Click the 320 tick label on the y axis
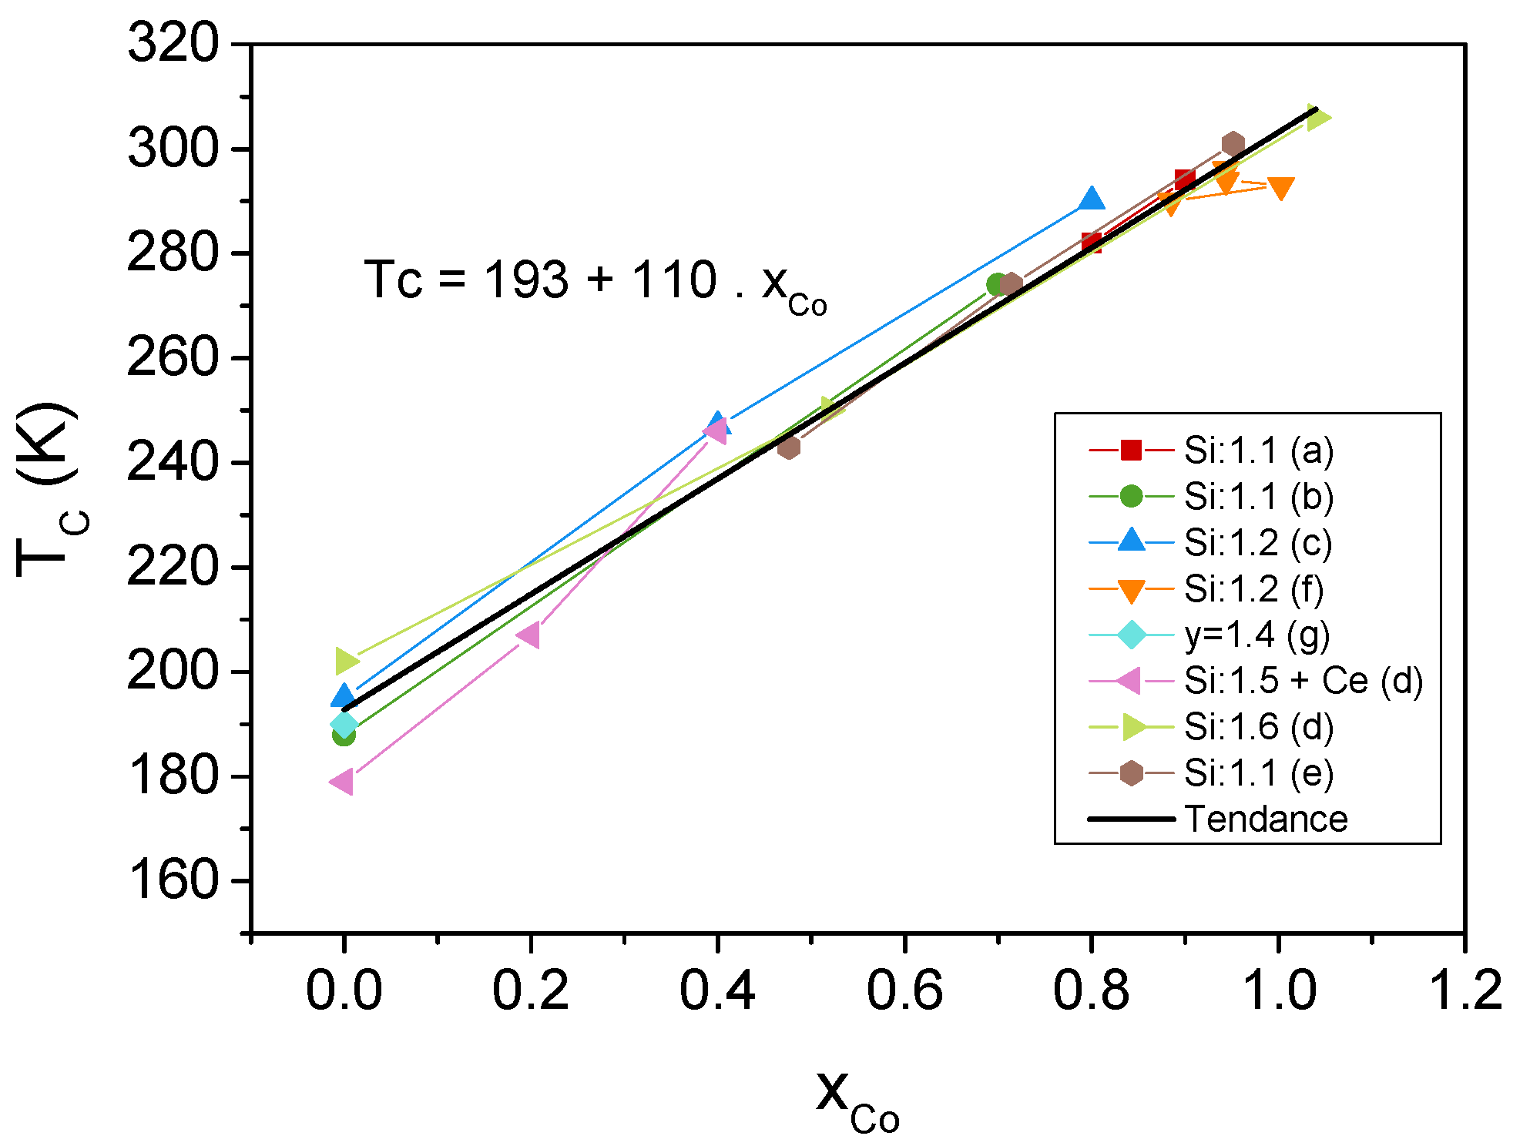[x=173, y=43]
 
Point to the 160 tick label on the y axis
[x=173, y=880]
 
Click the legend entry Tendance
[x=1266, y=819]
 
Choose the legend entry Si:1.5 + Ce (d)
[x=1303, y=681]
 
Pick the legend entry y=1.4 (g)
[x=1256, y=635]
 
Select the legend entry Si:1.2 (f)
[x=1253, y=589]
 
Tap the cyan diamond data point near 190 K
[x=344, y=724]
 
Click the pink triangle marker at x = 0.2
[x=529, y=635]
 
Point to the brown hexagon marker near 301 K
[x=1233, y=144]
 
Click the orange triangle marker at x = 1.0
[x=1280, y=188]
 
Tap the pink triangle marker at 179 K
[x=342, y=782]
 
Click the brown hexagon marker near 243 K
[x=788, y=447]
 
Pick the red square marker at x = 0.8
[x=1091, y=243]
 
